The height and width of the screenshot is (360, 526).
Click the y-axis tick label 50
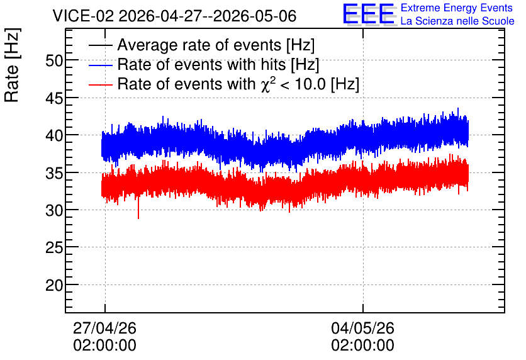(x=54, y=61)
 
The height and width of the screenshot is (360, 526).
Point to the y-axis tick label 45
(x=54, y=98)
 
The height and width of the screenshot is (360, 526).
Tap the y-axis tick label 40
(x=54, y=135)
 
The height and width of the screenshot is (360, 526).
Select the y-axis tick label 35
(x=54, y=173)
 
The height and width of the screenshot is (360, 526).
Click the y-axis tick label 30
(x=54, y=211)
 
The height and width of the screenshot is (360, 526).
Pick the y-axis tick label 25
(x=54, y=248)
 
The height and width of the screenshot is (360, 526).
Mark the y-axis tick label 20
(x=54, y=286)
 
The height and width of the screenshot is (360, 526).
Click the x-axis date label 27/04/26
(x=104, y=328)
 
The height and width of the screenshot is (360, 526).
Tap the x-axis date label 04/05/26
(x=362, y=328)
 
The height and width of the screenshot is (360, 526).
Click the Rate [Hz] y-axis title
(x=12, y=65)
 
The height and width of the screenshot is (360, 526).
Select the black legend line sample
(x=100, y=45)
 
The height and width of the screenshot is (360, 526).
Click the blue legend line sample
(x=100, y=65)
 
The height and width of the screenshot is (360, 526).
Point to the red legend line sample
(x=100, y=84)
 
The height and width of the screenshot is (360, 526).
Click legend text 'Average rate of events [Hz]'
(x=216, y=45)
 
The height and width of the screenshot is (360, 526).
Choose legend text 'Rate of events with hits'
(x=201, y=64)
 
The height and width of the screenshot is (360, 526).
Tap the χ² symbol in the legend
(x=268, y=84)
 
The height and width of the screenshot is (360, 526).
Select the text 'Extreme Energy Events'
(x=457, y=8)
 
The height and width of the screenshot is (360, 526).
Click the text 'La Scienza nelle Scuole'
(x=457, y=21)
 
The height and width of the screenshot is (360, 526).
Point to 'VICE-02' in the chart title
(x=84, y=16)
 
